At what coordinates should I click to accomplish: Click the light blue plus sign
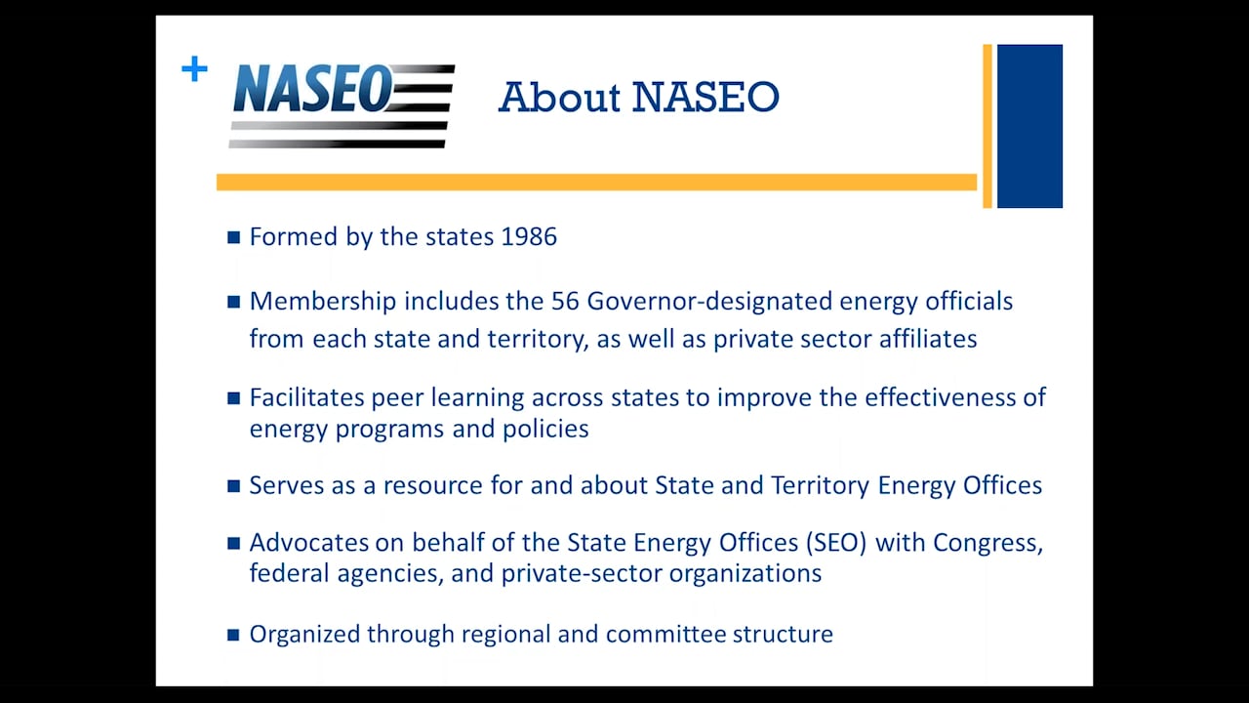click(194, 69)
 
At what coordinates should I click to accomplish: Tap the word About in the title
click(559, 97)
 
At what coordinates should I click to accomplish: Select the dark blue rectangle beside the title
click(1029, 126)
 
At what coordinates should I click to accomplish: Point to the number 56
click(565, 302)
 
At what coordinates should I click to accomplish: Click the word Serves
click(285, 485)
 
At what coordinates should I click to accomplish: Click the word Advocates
click(309, 543)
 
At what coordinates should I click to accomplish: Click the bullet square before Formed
click(233, 237)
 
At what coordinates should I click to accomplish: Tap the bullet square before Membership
click(233, 302)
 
